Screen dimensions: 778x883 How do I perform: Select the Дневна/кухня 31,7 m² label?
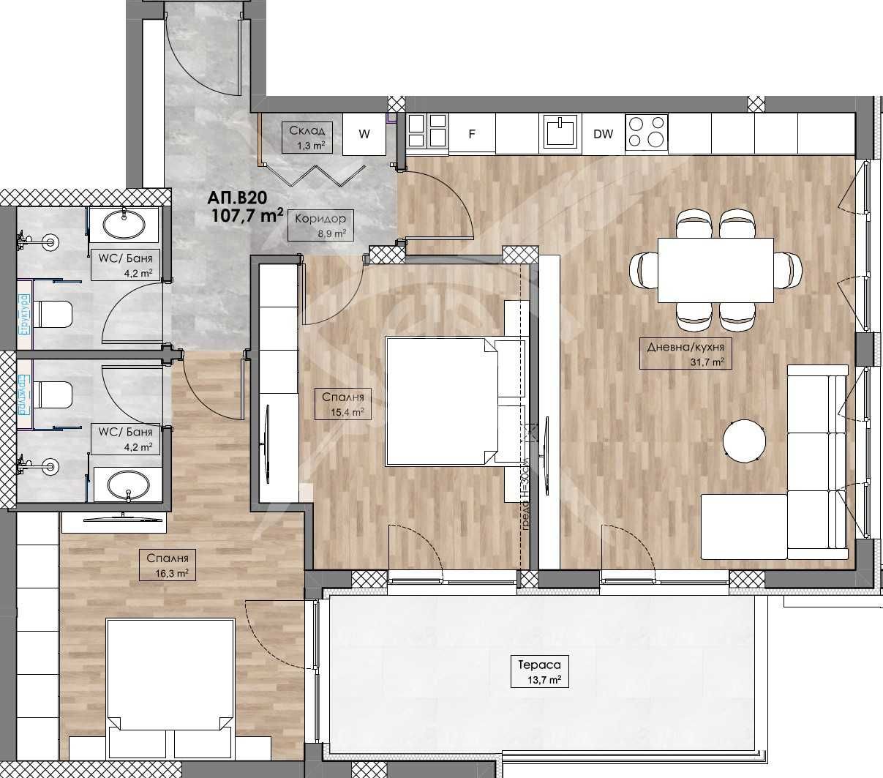tap(685, 354)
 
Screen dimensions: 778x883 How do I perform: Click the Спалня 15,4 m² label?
tap(342, 404)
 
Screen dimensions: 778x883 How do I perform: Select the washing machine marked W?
tap(364, 134)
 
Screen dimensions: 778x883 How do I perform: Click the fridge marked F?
tap(472, 134)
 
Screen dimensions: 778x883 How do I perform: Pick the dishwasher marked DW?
tap(603, 134)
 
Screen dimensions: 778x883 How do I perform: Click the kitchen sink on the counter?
tap(560, 132)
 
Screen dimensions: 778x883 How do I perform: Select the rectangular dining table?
tap(715, 270)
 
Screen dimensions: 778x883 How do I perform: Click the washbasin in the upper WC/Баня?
tap(124, 223)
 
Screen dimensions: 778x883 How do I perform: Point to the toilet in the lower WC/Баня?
tap(53, 395)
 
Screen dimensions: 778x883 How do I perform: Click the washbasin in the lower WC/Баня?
tap(127, 485)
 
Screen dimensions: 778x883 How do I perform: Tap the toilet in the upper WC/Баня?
tap(53, 315)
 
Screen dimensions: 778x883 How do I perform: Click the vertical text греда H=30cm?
tap(525, 498)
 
